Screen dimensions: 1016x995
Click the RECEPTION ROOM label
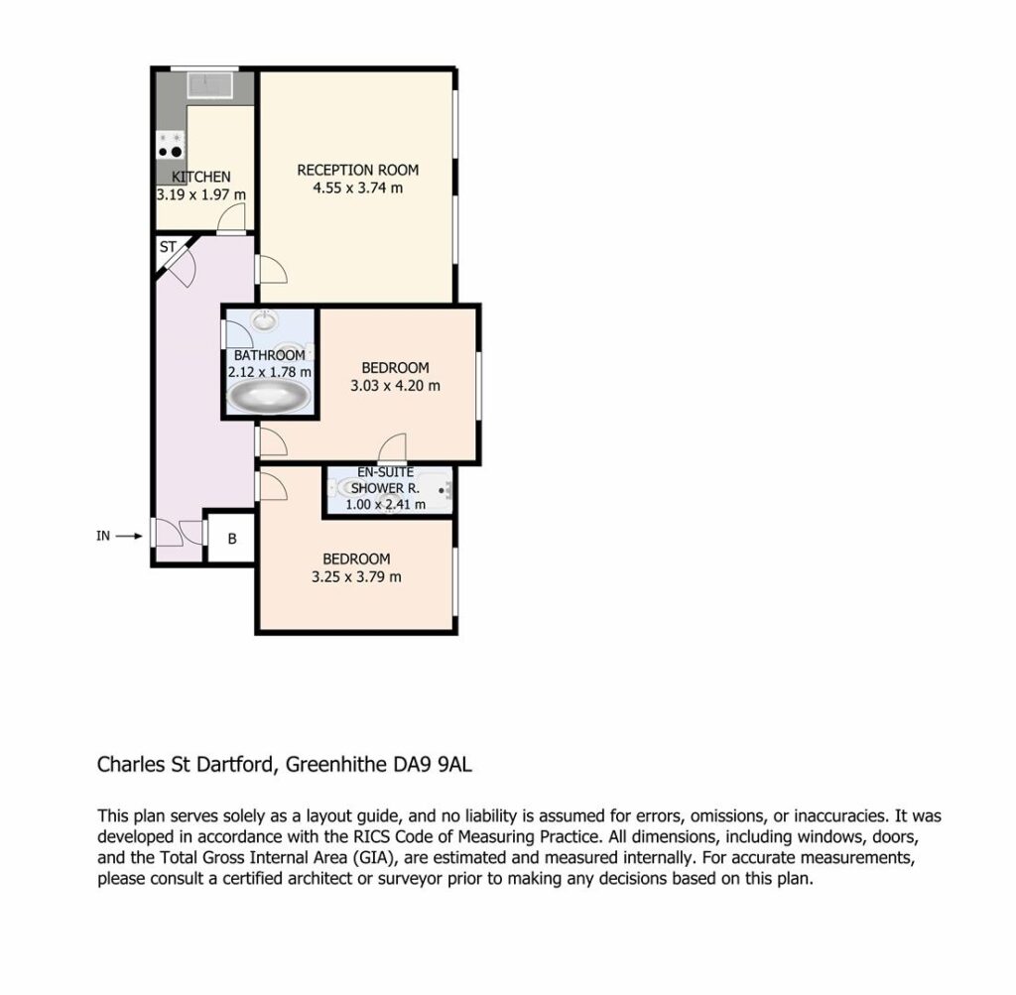click(x=357, y=171)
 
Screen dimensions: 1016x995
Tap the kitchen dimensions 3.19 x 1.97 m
click(x=200, y=194)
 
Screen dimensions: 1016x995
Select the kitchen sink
click(x=209, y=85)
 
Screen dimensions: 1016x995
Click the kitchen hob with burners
click(x=171, y=145)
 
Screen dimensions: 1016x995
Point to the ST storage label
click(x=168, y=247)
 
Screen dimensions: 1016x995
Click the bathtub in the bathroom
click(x=269, y=396)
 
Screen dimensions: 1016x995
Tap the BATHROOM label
click(x=270, y=355)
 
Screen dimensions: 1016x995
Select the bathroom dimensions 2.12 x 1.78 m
click(x=270, y=372)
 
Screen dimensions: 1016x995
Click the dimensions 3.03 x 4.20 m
click(x=395, y=386)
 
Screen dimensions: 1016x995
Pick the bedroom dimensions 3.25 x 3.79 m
click(x=356, y=577)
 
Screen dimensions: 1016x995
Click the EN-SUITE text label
click(x=386, y=472)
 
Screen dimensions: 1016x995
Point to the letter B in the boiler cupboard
click(x=232, y=539)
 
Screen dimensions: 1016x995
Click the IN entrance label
click(x=103, y=536)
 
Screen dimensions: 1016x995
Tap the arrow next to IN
click(x=129, y=536)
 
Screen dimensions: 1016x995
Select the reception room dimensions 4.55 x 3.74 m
click(x=357, y=188)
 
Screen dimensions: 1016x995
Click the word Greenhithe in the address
click(x=336, y=765)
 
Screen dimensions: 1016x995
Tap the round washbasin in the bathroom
click(x=264, y=320)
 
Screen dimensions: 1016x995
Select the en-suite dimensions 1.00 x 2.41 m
click(x=386, y=505)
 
